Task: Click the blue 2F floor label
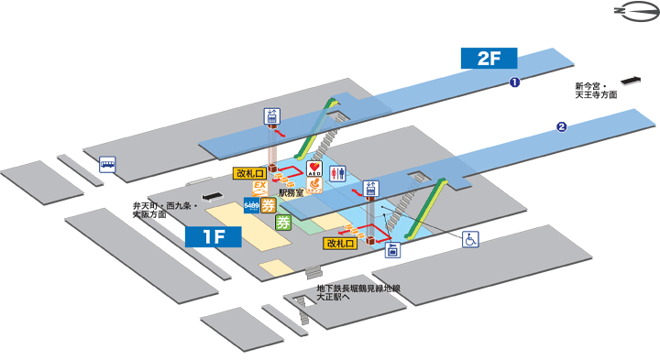tap(489, 58)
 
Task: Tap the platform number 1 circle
tap(515, 83)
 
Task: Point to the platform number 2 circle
tap(561, 127)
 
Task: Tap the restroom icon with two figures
tap(337, 172)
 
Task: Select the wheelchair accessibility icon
tap(469, 239)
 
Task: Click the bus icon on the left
tap(108, 165)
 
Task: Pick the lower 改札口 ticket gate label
tap(339, 244)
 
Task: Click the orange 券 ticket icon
tap(269, 206)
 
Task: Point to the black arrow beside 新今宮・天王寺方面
tap(631, 79)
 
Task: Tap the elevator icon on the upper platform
tap(271, 116)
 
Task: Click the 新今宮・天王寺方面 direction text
tap(596, 90)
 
